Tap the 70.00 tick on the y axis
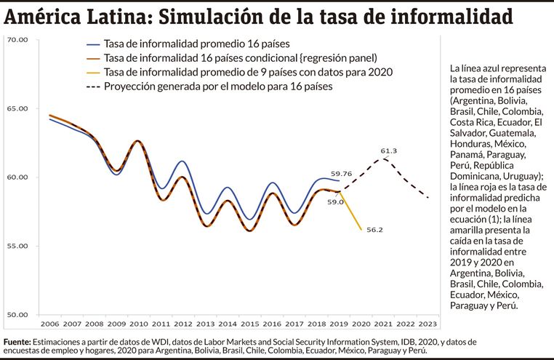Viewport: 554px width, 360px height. click(x=17, y=40)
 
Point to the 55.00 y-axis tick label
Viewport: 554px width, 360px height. click(x=17, y=246)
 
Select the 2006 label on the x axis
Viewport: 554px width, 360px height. click(x=50, y=323)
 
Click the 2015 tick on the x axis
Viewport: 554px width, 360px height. click(x=249, y=323)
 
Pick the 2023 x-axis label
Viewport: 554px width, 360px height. click(x=428, y=323)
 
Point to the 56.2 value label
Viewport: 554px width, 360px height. click(x=374, y=230)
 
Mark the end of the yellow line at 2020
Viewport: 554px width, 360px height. click(x=361, y=230)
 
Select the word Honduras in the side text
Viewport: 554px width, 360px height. click(x=473, y=144)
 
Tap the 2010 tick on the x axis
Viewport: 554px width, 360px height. click(x=138, y=323)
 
